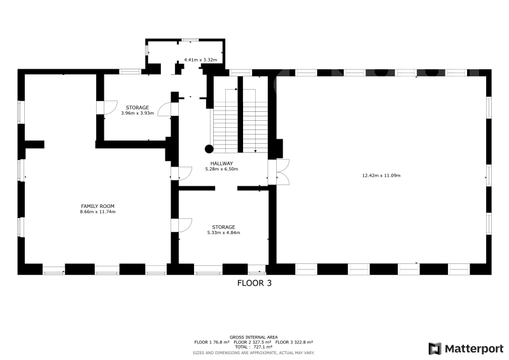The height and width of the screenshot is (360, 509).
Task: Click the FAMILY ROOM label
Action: [97, 206]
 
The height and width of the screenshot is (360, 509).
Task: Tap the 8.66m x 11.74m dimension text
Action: [98, 212]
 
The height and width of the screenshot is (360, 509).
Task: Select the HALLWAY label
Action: [221, 163]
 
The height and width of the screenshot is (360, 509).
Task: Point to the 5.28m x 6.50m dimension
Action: [221, 169]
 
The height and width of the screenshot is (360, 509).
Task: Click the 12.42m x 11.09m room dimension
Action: [381, 176]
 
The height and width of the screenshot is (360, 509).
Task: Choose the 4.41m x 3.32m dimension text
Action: [200, 60]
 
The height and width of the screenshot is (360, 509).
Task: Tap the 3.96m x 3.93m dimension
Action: [137, 113]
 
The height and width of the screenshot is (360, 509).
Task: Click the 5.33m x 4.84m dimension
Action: [224, 233]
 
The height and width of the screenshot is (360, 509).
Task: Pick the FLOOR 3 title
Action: [254, 283]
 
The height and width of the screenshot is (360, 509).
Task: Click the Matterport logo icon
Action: [435, 349]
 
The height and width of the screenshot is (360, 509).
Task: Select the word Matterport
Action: [474, 349]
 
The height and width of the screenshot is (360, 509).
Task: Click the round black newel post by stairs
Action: [209, 149]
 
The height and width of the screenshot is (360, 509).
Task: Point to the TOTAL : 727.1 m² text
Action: [254, 347]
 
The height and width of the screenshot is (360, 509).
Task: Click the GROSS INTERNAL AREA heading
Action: [254, 337]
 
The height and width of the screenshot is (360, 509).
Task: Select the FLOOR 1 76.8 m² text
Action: [212, 342]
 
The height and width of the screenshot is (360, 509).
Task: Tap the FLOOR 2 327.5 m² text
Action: [253, 342]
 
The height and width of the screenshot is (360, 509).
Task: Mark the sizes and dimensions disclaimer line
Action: [254, 353]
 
